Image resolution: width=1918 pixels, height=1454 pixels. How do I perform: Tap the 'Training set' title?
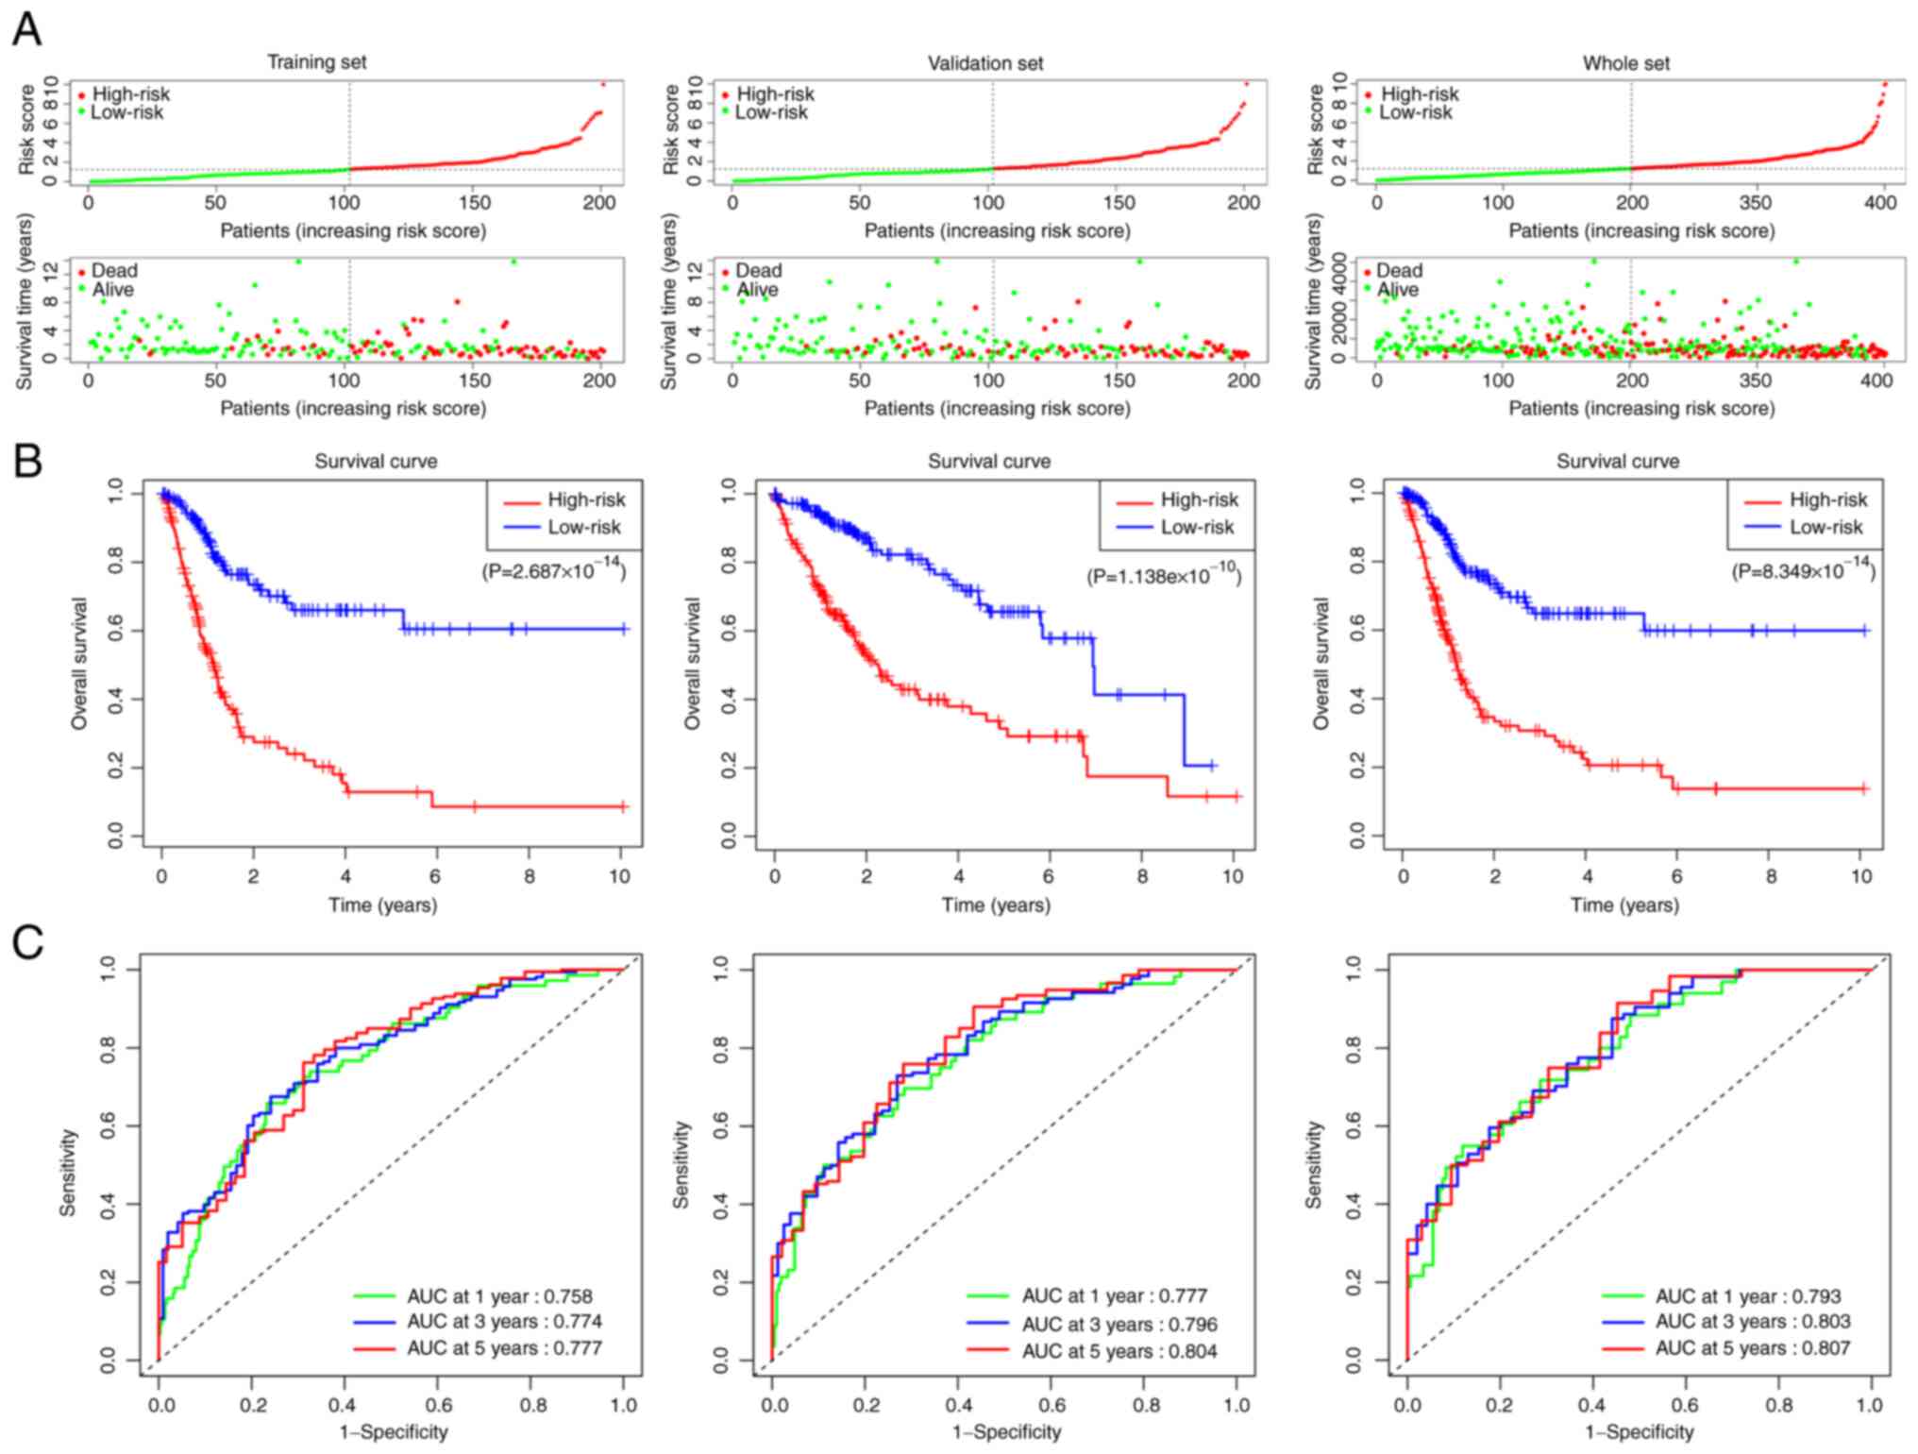point(316,62)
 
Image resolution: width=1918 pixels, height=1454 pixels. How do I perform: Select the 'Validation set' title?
point(984,63)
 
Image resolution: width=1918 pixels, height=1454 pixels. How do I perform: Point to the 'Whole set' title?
point(1625,63)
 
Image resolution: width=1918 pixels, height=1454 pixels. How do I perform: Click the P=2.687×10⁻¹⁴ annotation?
point(554,569)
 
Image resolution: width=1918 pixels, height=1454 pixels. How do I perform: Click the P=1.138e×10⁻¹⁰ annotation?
point(1163,575)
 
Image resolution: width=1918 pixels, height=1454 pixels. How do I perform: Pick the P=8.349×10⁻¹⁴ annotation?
point(1803,569)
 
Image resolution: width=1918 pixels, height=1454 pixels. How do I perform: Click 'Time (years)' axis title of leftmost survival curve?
point(382,905)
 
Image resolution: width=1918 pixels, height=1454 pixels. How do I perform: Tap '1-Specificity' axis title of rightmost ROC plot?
point(1640,1432)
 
